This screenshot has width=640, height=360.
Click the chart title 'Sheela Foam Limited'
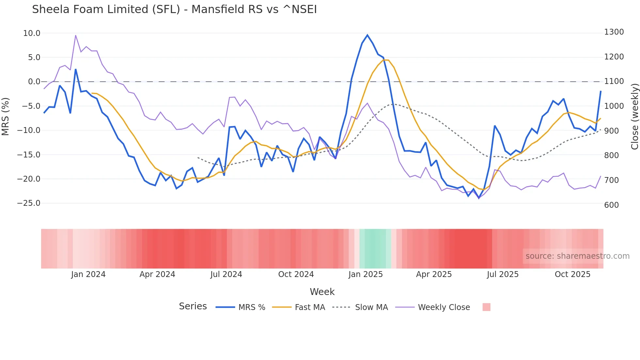tap(174, 9)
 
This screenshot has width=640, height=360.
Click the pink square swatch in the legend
tap(486, 307)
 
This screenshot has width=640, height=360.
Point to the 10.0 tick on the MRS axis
tap(32, 33)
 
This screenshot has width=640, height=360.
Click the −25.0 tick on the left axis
tap(29, 203)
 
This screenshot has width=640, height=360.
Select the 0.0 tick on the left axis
tap(34, 82)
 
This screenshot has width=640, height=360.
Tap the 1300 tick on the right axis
tap(614, 32)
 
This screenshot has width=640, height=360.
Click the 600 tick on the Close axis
tap(611, 205)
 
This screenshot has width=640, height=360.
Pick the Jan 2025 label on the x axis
tap(365, 274)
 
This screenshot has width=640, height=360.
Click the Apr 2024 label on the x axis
tap(157, 274)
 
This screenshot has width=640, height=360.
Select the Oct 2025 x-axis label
tap(572, 274)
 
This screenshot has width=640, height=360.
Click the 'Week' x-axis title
tap(322, 292)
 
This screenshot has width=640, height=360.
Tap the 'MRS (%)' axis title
tap(6, 116)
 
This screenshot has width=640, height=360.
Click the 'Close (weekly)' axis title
tap(634, 116)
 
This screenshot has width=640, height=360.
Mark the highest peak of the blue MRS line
tap(367, 35)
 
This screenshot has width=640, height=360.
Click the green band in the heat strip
tap(375, 249)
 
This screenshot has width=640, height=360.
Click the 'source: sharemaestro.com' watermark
tap(577, 256)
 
